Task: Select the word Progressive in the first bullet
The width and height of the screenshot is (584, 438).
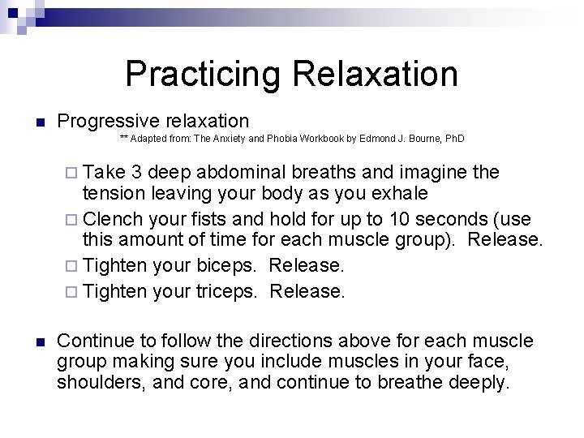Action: click(108, 122)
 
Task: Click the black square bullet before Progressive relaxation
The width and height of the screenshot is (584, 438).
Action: click(40, 123)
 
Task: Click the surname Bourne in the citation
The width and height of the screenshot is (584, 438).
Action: click(423, 140)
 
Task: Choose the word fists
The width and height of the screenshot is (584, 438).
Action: click(216, 220)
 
